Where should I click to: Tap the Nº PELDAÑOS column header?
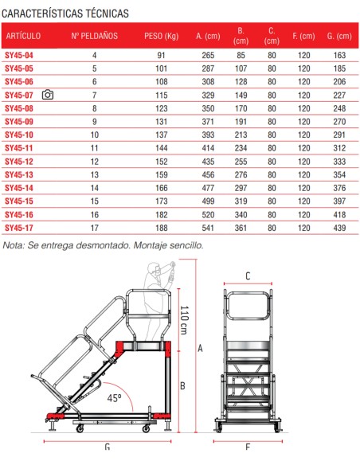click(x=95, y=37)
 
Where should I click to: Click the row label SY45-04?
click(x=19, y=55)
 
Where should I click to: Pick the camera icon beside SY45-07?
click(x=48, y=95)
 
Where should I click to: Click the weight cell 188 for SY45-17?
click(x=162, y=228)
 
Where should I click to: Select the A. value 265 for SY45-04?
click(x=209, y=55)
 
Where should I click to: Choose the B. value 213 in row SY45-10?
click(x=241, y=135)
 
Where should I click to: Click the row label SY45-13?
click(x=19, y=174)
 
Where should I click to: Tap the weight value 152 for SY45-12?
click(x=162, y=161)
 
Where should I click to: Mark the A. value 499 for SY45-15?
click(x=209, y=201)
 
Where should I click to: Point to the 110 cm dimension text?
click(x=183, y=319)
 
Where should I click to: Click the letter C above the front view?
click(x=248, y=276)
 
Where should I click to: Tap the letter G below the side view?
click(x=108, y=447)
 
